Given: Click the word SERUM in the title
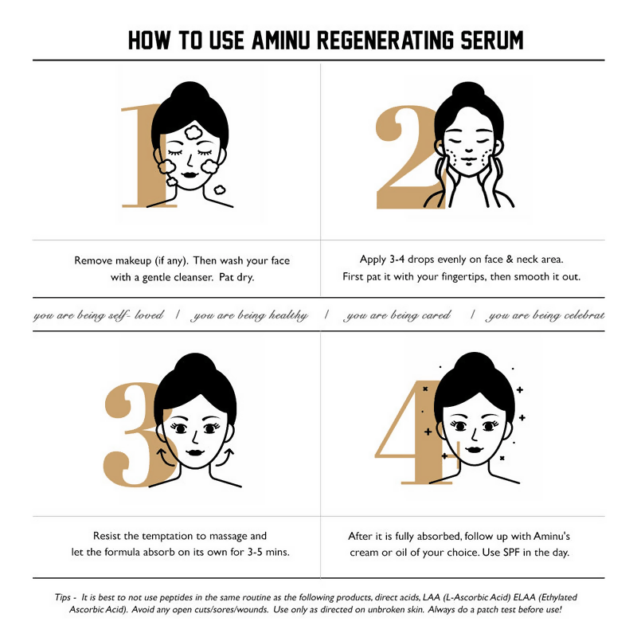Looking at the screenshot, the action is [x=491, y=41].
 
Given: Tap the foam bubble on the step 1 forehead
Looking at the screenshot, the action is [x=193, y=131].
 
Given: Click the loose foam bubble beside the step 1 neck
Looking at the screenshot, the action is [x=220, y=190].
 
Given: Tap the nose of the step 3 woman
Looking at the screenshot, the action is [x=195, y=436].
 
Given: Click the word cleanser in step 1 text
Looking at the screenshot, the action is [x=193, y=277].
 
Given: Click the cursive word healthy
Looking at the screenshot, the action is [x=288, y=315].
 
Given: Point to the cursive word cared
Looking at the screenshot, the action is [x=436, y=315].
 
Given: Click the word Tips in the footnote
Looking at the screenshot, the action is [x=63, y=598].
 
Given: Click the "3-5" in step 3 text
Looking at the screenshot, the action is [x=255, y=553].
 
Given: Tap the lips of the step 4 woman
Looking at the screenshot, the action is [x=474, y=450].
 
